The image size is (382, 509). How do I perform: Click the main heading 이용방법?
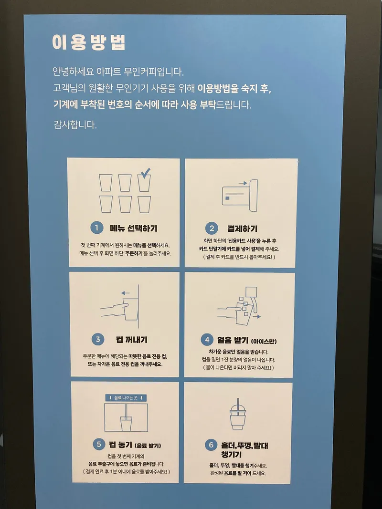point(89,42)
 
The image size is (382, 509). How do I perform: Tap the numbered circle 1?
point(96,228)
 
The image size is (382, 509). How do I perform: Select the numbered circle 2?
point(212,229)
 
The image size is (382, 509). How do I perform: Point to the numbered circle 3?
point(98,340)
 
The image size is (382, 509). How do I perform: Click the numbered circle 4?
point(207,340)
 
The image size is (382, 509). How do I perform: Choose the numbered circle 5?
point(99,444)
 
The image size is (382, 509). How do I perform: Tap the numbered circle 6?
point(211,445)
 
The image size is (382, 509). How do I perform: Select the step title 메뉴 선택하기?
point(134,228)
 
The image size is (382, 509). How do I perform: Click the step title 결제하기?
point(242,229)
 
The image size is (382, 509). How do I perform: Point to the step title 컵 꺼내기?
point(132,340)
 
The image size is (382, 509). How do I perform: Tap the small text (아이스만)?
point(264,341)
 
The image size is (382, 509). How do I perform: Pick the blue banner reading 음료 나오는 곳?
point(126,398)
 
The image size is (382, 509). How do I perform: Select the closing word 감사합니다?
point(75,125)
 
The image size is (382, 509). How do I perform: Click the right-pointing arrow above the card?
point(243,183)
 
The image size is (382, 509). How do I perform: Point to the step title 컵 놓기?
point(120,445)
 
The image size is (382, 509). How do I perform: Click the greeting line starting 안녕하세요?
point(118,72)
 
